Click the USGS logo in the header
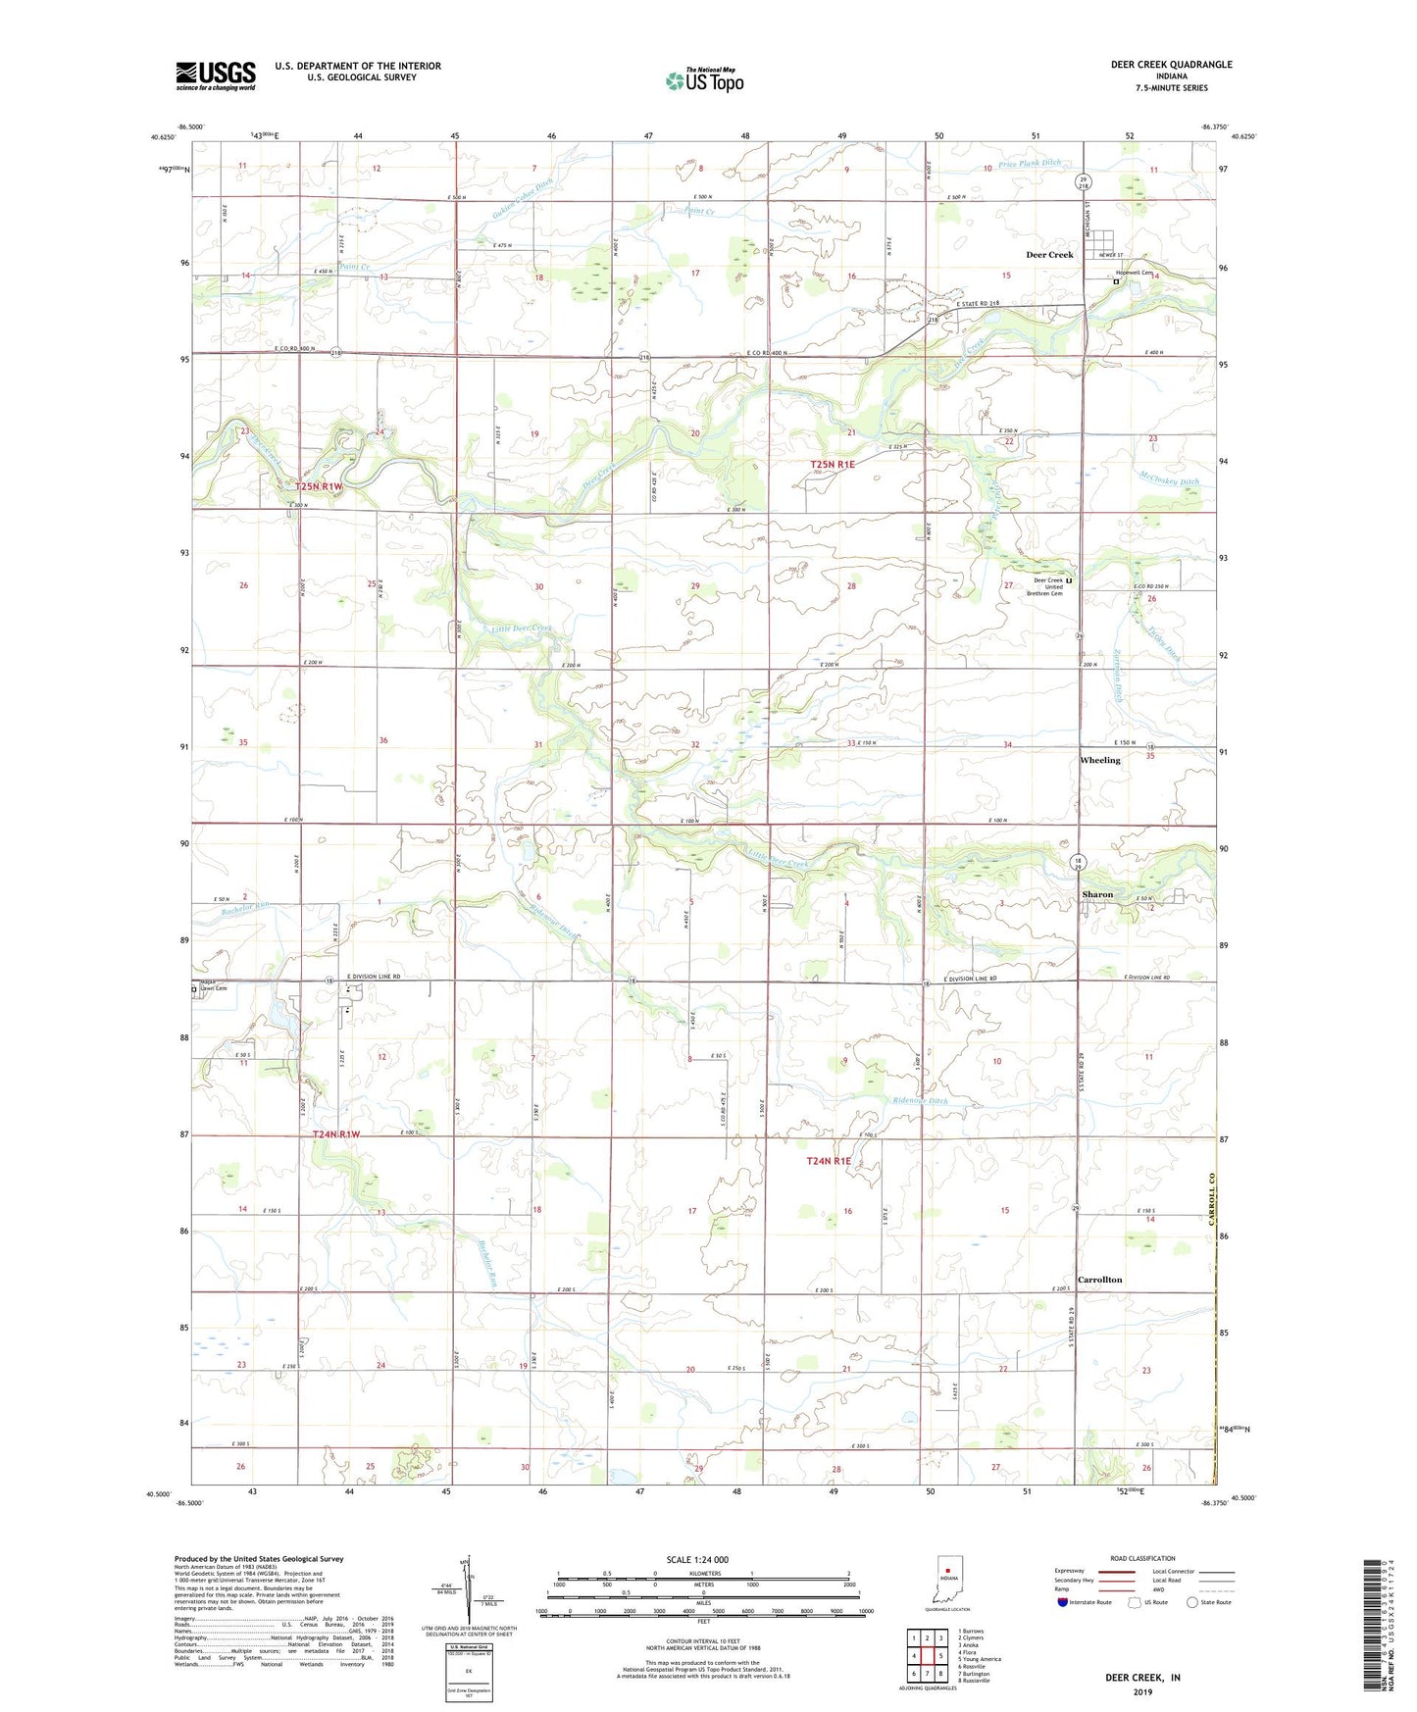[x=216, y=76]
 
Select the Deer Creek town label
[x=1049, y=255]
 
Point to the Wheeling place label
[x=1099, y=761]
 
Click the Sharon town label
[x=1097, y=894]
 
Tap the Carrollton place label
[x=1099, y=1280]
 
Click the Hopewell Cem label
[x=1134, y=273]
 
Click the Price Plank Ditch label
[x=1029, y=164]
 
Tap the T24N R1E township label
[x=829, y=1161]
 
